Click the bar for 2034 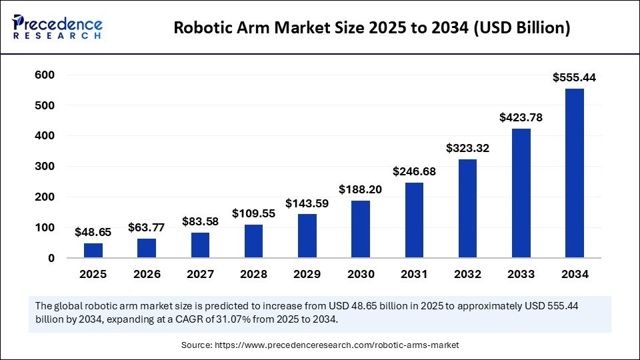574,173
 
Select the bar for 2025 93,250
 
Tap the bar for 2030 361,229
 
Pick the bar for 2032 467,208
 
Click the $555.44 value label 574,78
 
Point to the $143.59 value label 307,203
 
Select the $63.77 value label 147,228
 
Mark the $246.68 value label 414,172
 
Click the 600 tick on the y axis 45,75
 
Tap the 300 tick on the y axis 45,167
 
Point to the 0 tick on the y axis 51,258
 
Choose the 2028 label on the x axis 253,275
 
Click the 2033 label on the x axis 521,275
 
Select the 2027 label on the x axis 200,275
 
